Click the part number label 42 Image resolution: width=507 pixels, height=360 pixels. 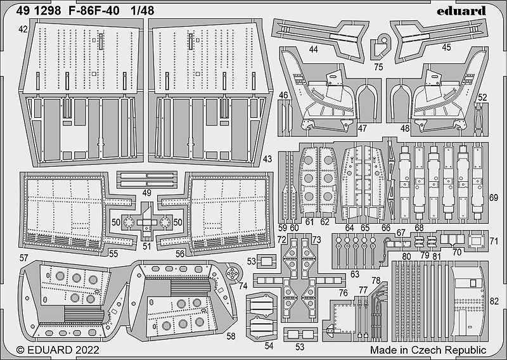pyautogui.click(x=23, y=30)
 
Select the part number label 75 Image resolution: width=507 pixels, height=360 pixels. pyautogui.click(x=378, y=66)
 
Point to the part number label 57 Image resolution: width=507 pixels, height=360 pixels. pyautogui.click(x=23, y=258)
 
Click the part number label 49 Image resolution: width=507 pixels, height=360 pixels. pyautogui.click(x=146, y=192)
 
